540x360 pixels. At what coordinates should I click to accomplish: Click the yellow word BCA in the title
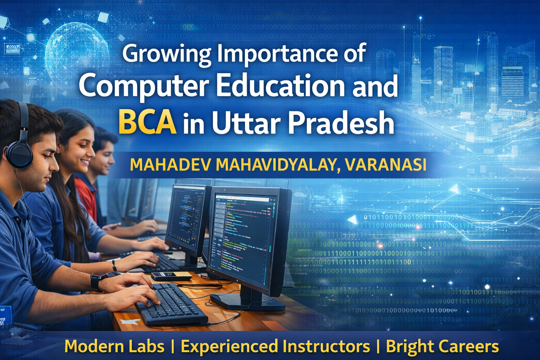click(147, 123)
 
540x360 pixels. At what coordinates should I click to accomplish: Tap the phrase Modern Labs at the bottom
click(115, 346)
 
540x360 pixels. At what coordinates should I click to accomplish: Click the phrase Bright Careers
click(442, 346)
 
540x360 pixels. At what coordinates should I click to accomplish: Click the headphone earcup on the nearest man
click(19, 154)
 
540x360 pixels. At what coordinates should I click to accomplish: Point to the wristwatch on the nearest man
click(96, 282)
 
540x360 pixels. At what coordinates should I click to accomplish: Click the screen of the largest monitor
click(243, 239)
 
